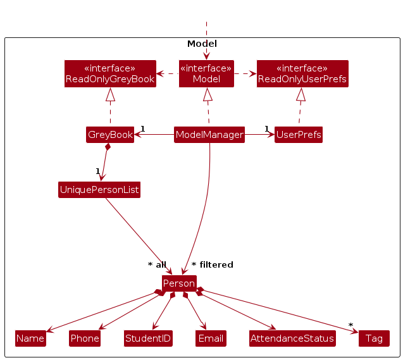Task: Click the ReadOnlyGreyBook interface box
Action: pyautogui.click(x=110, y=73)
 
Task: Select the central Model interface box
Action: pyautogui.click(x=206, y=73)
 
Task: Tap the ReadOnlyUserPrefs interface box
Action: pyautogui.click(x=302, y=73)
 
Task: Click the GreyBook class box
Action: pyautogui.click(x=110, y=135)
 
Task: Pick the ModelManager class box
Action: pyautogui.click(x=209, y=135)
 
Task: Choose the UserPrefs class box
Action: pyautogui.click(x=299, y=135)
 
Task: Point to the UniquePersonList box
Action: pyautogui.click(x=99, y=190)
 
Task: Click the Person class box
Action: pyautogui.click(x=179, y=283)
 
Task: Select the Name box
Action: pyautogui.click(x=30, y=338)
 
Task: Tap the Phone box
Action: pyautogui.click(x=85, y=338)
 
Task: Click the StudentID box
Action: pyautogui.click(x=148, y=338)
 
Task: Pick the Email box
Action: pyautogui.click(x=211, y=338)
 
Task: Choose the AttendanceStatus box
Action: pyautogui.click(x=292, y=338)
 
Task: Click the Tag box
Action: pyautogui.click(x=374, y=338)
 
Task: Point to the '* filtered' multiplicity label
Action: pyautogui.click(x=212, y=264)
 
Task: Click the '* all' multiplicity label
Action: pyautogui.click(x=157, y=264)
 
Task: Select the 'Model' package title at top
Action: pyautogui.click(x=202, y=44)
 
